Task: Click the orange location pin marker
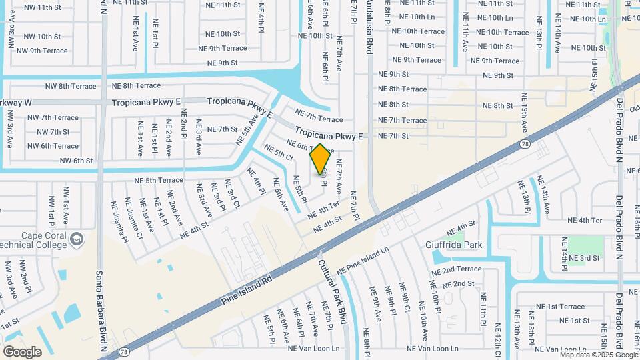[x=321, y=159]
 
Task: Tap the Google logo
[x=22, y=352]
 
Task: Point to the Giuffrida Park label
[x=453, y=245]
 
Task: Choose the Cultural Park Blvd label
[x=334, y=287]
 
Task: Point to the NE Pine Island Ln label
[x=363, y=262]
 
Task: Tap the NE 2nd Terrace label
[x=456, y=269]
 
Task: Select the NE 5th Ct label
[x=279, y=152]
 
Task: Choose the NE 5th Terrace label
[x=159, y=180]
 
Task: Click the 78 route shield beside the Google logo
[x=123, y=351]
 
